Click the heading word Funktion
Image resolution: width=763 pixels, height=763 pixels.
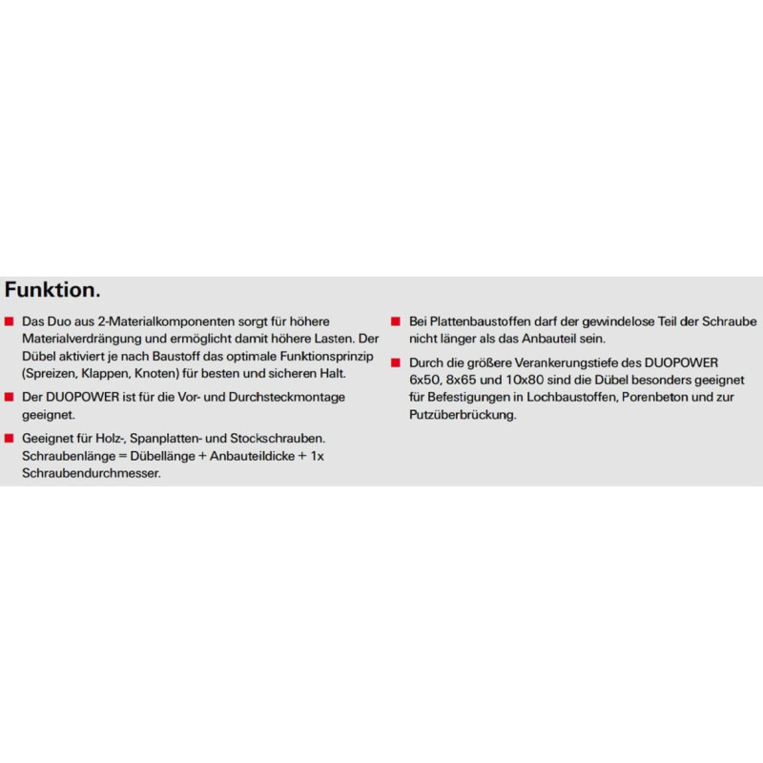pos(53,290)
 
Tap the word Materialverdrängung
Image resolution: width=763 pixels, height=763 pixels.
pos(80,339)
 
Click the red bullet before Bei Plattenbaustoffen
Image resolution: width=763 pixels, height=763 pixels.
pos(394,322)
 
